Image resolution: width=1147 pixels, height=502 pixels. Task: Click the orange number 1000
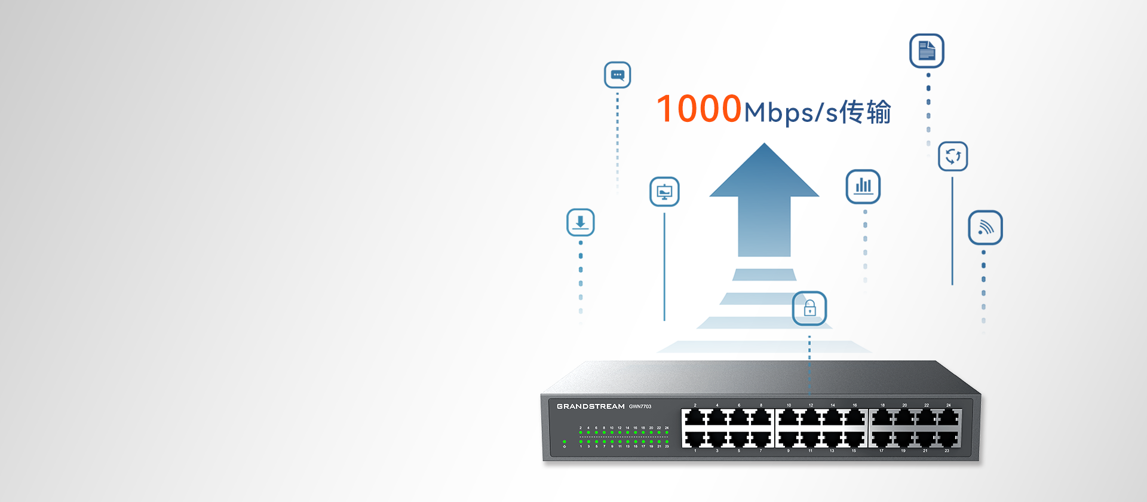(699, 109)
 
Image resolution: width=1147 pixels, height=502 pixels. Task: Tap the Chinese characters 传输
(865, 112)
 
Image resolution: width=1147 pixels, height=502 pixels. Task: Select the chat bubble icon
(617, 75)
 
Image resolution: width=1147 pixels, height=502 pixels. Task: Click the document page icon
(927, 51)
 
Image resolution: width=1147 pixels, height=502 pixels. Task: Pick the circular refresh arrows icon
(953, 157)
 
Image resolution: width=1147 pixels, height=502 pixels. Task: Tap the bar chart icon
(863, 186)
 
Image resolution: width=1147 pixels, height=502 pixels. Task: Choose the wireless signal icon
(985, 228)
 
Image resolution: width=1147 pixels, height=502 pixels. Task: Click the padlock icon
(809, 308)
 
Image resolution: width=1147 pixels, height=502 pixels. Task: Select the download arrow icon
(580, 222)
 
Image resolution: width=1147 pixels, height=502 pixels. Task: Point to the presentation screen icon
(664, 192)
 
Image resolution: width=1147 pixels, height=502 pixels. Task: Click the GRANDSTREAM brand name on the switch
(590, 406)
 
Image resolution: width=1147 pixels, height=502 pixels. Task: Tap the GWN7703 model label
(640, 406)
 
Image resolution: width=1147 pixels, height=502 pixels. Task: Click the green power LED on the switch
(565, 442)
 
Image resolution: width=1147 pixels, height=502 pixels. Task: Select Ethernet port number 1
(695, 439)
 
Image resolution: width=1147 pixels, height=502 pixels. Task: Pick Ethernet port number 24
(948, 418)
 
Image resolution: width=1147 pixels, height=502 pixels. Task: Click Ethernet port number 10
(789, 418)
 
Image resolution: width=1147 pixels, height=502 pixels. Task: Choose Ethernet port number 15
(854, 439)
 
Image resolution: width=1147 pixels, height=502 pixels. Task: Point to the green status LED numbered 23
(667, 442)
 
